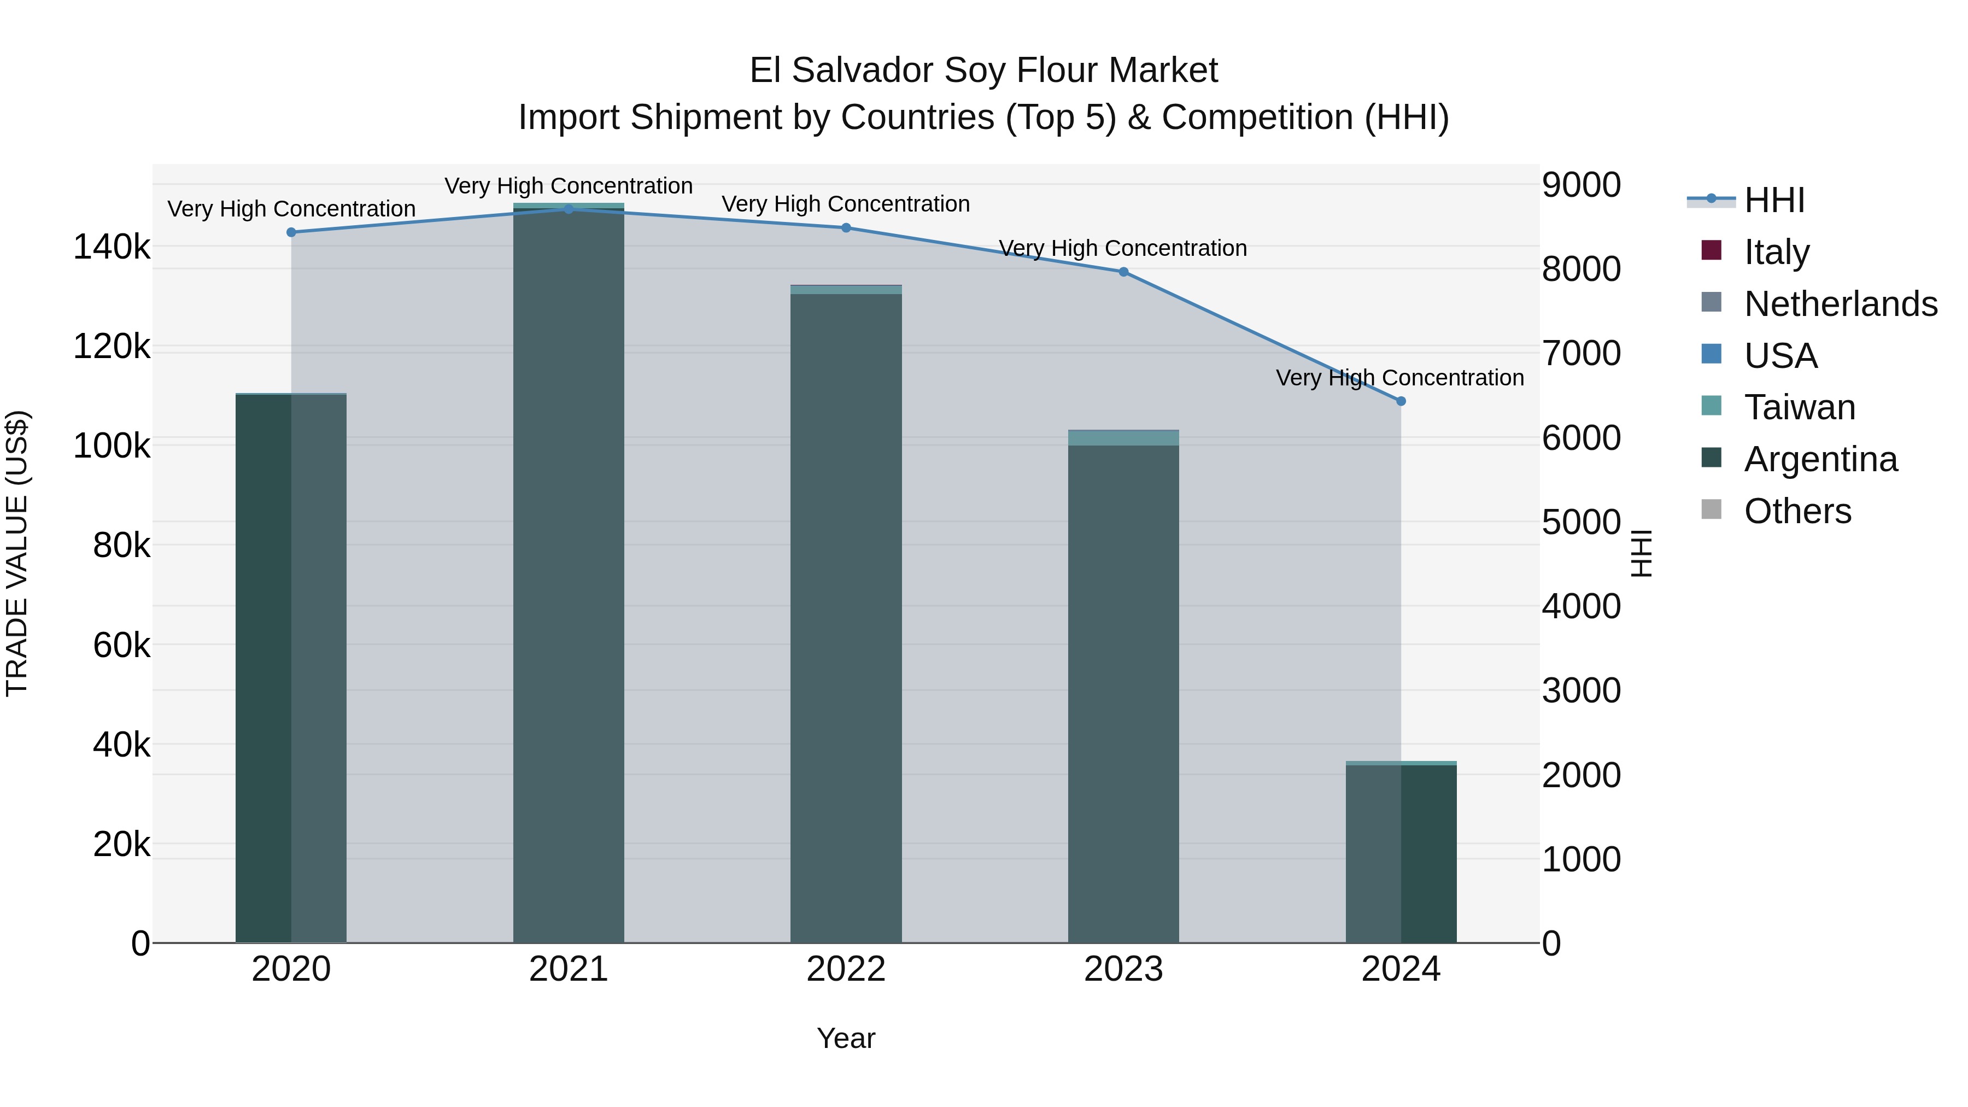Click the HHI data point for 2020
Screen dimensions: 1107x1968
291,232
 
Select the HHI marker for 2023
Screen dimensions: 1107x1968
1123,272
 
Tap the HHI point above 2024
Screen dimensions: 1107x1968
1401,401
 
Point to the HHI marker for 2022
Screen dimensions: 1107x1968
846,227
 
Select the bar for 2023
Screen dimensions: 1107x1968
1123,688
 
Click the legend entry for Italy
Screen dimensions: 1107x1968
1776,251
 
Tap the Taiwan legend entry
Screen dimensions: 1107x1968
1799,407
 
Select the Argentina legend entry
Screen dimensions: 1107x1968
1820,459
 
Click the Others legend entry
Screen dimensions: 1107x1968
1797,511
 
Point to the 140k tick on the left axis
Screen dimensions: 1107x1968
112,248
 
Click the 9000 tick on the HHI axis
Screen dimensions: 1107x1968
1580,185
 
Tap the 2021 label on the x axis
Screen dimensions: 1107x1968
569,969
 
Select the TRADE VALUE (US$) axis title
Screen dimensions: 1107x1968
17,553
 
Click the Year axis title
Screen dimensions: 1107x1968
846,1038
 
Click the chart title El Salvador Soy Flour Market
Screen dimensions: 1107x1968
983,71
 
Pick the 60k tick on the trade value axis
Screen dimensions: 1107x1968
121,646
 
